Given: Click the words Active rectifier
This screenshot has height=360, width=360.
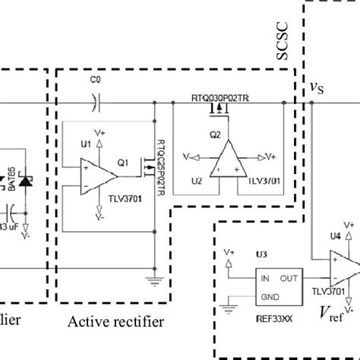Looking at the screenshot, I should click(x=116, y=321).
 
